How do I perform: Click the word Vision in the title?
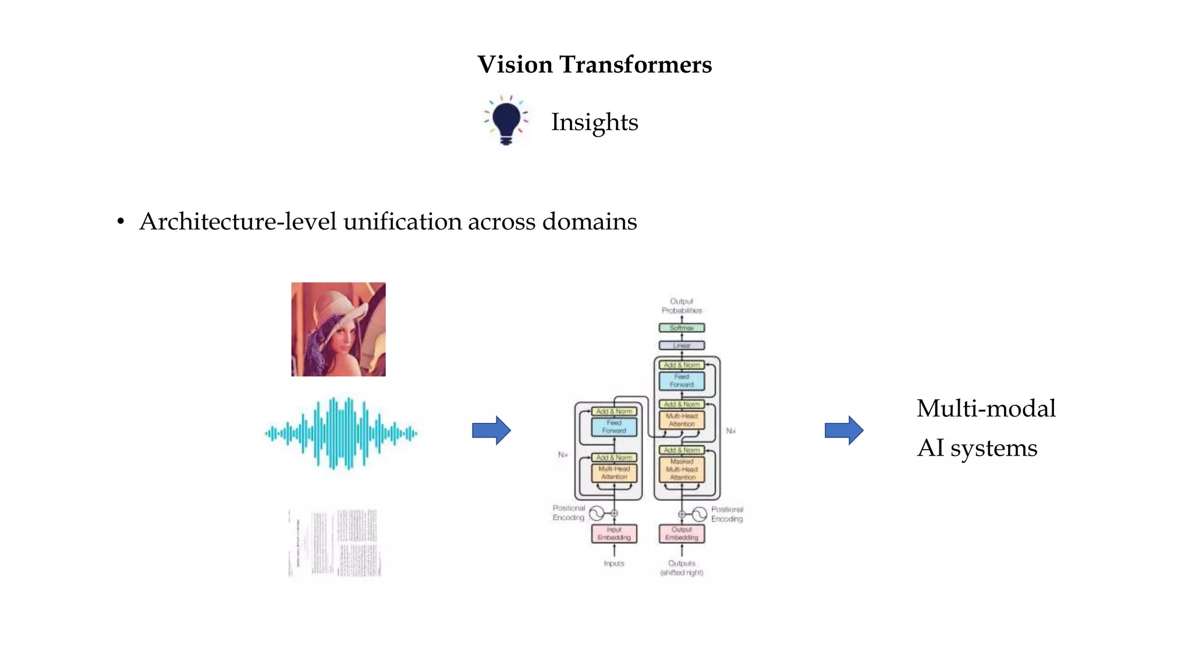click(x=515, y=65)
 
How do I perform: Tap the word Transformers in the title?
click(x=636, y=65)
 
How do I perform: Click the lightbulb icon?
click(x=506, y=121)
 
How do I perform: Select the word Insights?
click(x=594, y=122)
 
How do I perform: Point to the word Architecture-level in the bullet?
click(x=237, y=222)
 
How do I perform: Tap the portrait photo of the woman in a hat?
click(x=338, y=329)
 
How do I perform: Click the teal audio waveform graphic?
click(x=341, y=433)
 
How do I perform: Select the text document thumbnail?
click(x=335, y=543)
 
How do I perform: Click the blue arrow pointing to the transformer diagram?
click(x=491, y=430)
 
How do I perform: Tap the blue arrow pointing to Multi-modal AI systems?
click(x=844, y=430)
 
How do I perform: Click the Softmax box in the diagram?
click(x=682, y=328)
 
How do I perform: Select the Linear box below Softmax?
click(x=682, y=345)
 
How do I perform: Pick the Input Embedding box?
click(x=614, y=534)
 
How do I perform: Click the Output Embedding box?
click(x=682, y=534)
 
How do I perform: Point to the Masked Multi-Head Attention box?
click(x=682, y=469)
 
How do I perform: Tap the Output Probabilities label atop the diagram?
click(x=682, y=306)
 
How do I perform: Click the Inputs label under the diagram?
click(x=614, y=563)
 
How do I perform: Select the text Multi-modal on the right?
click(x=986, y=408)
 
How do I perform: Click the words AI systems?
click(x=977, y=448)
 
